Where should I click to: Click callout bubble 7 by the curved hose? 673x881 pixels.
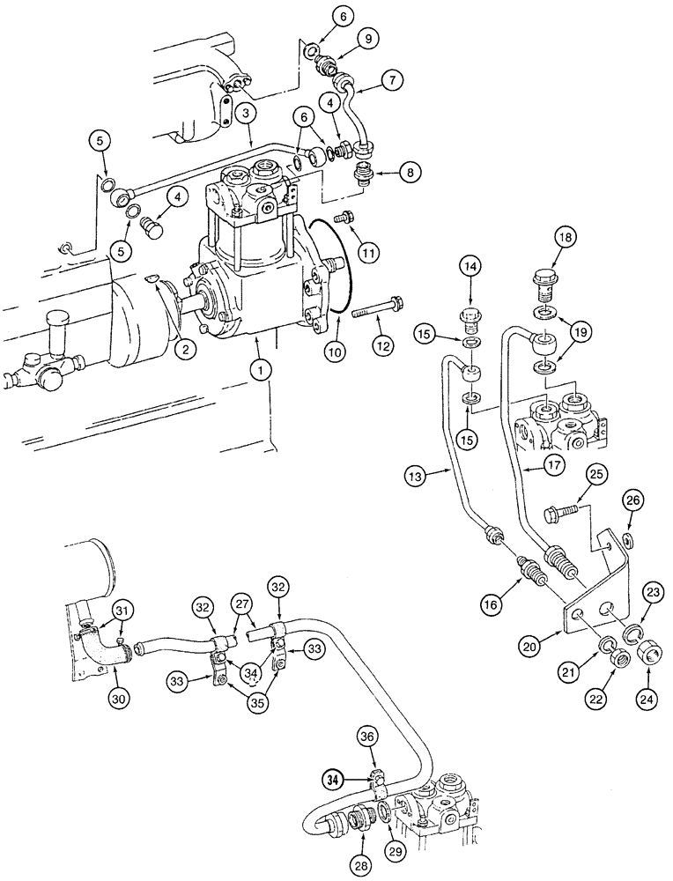[393, 80]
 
